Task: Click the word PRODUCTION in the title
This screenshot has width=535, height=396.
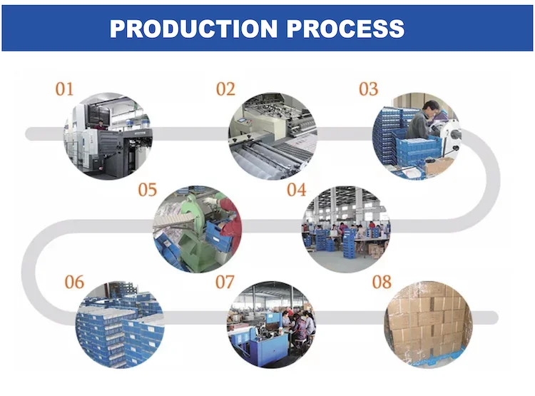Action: coord(190,28)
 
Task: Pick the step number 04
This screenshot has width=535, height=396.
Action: coord(296,190)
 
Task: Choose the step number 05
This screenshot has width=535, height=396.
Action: coord(147,190)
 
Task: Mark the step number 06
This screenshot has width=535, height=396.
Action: coord(74,282)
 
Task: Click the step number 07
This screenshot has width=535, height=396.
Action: coord(225,282)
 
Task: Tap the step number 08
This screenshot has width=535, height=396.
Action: coord(382,282)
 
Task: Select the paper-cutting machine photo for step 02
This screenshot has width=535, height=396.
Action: coord(272,136)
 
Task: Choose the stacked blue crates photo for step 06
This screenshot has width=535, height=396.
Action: coord(119,325)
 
